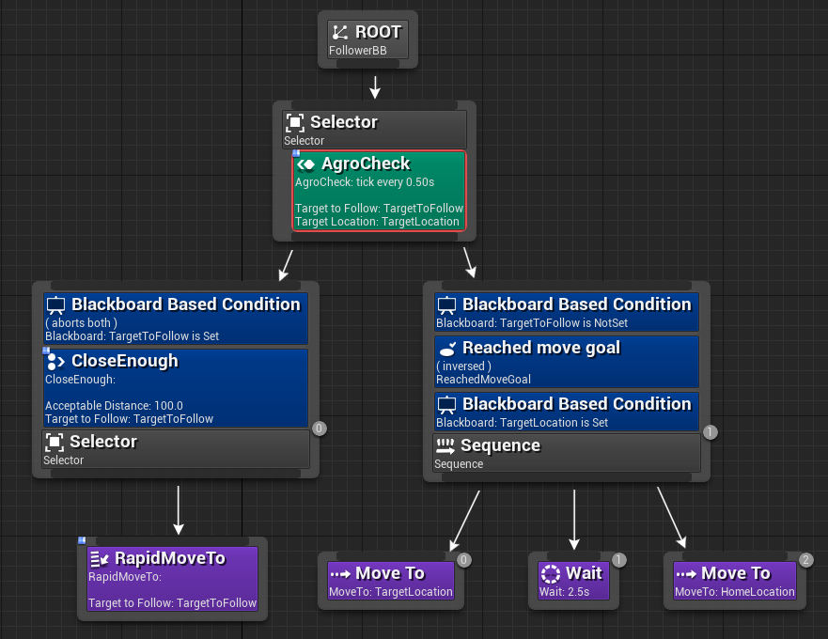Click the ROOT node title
click(x=377, y=31)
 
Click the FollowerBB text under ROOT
click(x=358, y=51)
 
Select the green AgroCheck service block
click(x=379, y=190)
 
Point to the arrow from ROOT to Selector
click(x=375, y=87)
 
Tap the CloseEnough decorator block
click(x=176, y=387)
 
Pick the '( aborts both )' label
click(x=82, y=323)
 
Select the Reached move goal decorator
click(x=567, y=361)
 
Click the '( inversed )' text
click(x=464, y=366)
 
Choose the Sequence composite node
click(x=567, y=452)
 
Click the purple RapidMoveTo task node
click(x=172, y=579)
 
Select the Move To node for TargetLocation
click(x=391, y=581)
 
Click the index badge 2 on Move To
click(x=806, y=560)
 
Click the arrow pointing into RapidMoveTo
click(x=178, y=512)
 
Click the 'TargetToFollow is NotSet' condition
click(x=567, y=312)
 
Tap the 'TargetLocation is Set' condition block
click(x=567, y=412)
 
